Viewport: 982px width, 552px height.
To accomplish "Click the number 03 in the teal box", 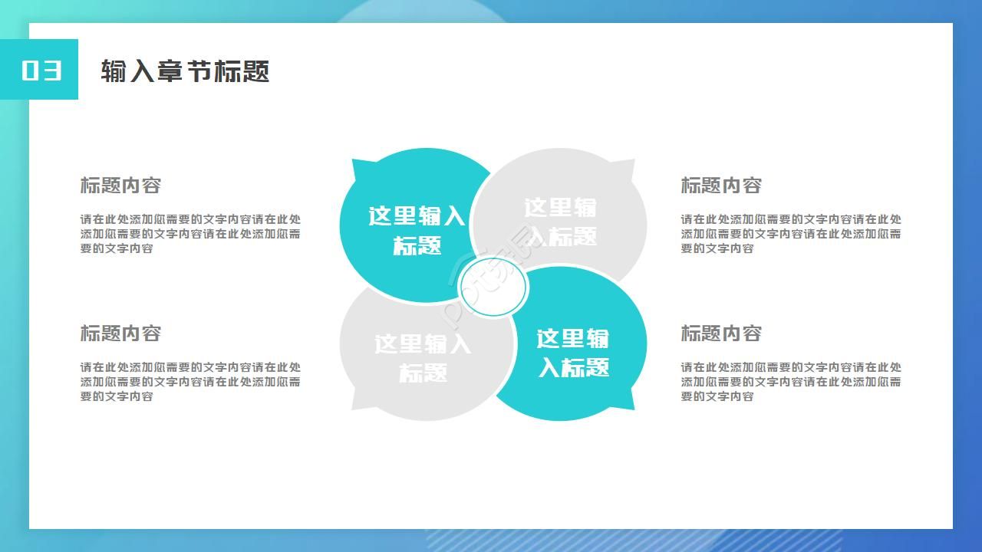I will click(41, 70).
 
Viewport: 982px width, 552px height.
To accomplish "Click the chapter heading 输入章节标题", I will click(185, 71).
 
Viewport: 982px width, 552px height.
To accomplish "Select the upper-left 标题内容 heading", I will click(120, 186).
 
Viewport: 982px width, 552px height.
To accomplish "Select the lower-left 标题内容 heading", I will click(120, 333).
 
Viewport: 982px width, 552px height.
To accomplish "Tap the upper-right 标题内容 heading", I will click(721, 186).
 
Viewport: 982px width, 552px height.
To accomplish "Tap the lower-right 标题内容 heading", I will click(721, 333).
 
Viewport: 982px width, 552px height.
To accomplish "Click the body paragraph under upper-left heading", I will click(190, 234).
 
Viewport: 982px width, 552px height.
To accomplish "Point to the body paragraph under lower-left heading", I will click(190, 382).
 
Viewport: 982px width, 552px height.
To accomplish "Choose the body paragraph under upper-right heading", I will click(791, 234).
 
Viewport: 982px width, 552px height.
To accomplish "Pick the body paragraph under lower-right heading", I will click(791, 382).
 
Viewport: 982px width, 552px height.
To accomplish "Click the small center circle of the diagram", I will click(493, 288).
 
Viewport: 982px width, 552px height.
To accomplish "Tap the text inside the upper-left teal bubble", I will click(417, 230).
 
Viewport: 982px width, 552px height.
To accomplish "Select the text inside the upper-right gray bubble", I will click(561, 222).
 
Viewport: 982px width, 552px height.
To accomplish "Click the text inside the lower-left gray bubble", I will click(423, 358).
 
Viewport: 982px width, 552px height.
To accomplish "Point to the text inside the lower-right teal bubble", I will click(573, 353).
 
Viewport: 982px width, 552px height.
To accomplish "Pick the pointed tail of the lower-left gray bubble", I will click(358, 403).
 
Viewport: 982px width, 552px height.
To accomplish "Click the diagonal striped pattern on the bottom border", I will click(614, 540).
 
